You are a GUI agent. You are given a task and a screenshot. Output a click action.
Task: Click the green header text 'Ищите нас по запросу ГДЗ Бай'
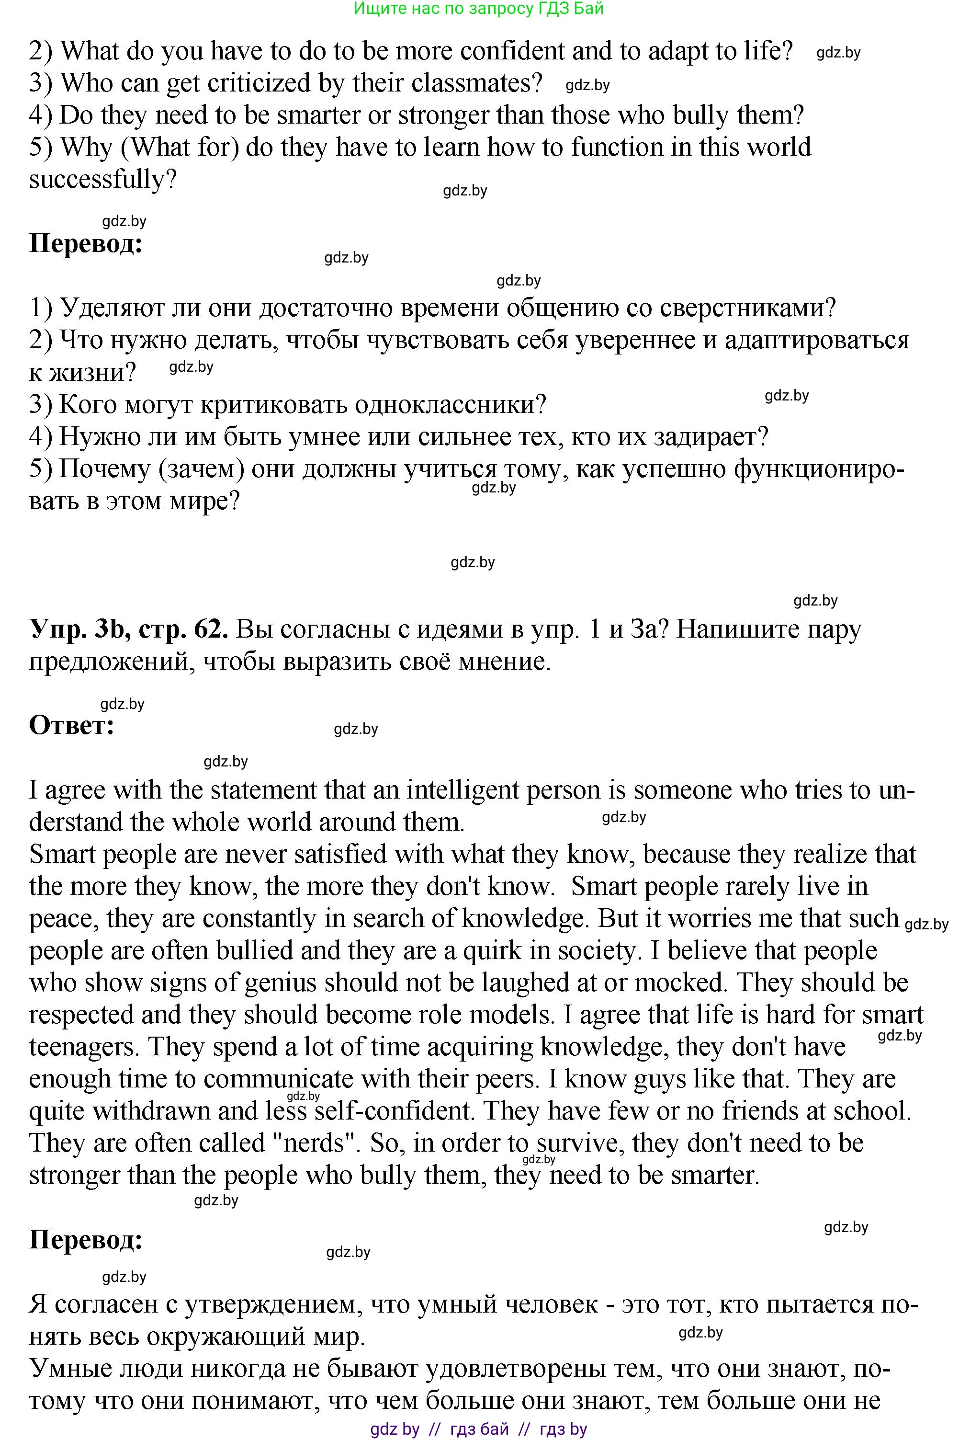[x=478, y=9]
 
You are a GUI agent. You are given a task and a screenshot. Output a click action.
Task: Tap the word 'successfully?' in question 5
[x=103, y=179]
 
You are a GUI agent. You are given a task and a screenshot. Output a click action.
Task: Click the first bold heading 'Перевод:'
[x=86, y=244]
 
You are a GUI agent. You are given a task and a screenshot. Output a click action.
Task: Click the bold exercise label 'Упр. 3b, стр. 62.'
[x=128, y=629]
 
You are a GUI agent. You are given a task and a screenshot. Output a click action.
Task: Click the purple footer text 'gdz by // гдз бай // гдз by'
[x=478, y=1429]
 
